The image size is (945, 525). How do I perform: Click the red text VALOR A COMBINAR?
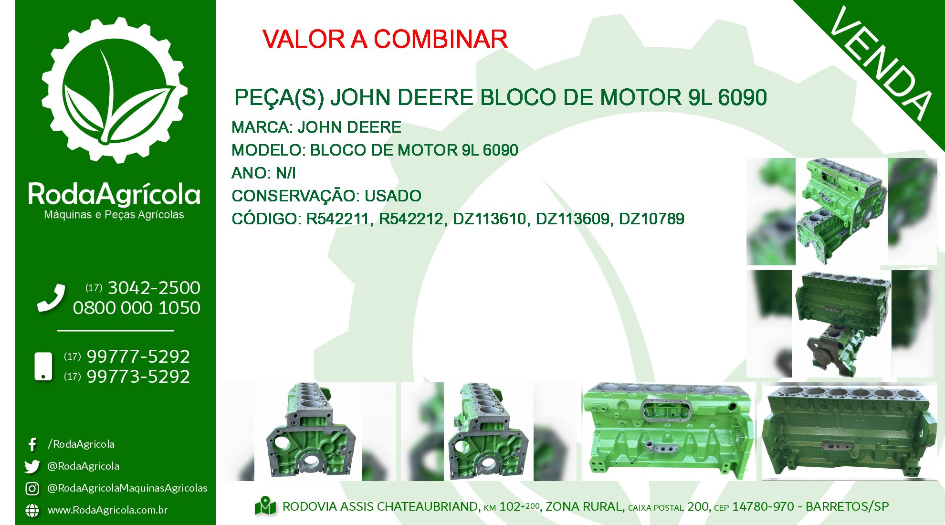[385, 39]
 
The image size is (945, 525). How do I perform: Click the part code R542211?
[337, 219]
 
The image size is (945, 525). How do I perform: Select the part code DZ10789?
[651, 219]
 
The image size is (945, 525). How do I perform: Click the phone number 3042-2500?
[154, 288]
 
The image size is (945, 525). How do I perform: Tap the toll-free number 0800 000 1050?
[136, 308]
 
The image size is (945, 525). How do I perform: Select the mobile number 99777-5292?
[138, 357]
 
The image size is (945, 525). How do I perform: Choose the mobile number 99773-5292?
[138, 377]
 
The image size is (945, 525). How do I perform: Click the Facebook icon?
[32, 444]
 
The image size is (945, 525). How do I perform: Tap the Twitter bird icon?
[32, 466]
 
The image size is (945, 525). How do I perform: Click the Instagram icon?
[32, 488]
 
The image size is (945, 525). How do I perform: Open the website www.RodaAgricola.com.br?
[107, 510]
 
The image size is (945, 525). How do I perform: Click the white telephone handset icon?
[52, 298]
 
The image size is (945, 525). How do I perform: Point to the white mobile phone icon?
[43, 367]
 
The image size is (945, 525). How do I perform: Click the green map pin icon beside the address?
[265, 506]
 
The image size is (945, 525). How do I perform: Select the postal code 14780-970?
[763, 506]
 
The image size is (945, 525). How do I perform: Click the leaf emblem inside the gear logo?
[115, 103]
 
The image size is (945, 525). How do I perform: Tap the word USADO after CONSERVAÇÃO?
[393, 196]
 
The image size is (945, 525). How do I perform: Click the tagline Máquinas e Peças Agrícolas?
[114, 215]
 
